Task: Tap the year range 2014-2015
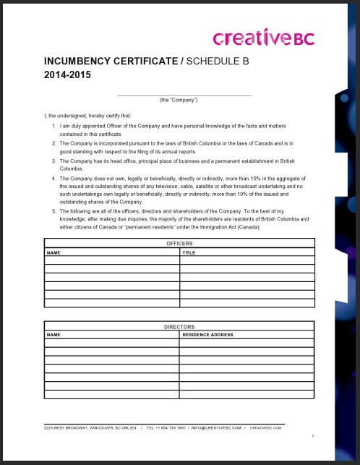(x=68, y=74)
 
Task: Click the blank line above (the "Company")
(x=184, y=94)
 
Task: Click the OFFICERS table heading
(x=179, y=244)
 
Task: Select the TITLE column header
(x=189, y=253)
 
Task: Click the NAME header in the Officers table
(x=53, y=253)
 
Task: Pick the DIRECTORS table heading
(x=179, y=327)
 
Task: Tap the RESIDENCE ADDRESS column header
(x=207, y=335)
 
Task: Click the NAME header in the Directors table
(x=53, y=335)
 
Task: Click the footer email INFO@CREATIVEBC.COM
(x=215, y=428)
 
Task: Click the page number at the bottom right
(x=312, y=436)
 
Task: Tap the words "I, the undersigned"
(x=63, y=115)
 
